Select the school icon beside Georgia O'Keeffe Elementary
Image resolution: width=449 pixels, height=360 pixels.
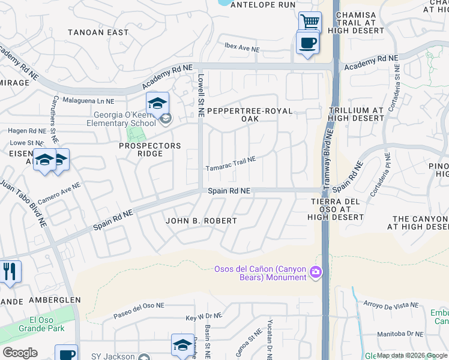point(157,104)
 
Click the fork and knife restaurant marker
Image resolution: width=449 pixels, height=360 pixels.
point(9,272)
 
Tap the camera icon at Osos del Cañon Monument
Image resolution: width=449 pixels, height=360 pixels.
point(315,274)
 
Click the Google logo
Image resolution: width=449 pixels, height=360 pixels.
point(19,353)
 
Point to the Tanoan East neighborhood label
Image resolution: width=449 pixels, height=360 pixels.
point(98,32)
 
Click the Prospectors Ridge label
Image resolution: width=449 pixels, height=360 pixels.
point(149,149)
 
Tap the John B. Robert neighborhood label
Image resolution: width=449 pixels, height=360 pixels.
point(202,221)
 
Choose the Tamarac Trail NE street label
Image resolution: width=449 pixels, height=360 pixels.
point(231,164)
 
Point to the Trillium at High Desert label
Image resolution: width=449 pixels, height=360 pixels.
point(356,114)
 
